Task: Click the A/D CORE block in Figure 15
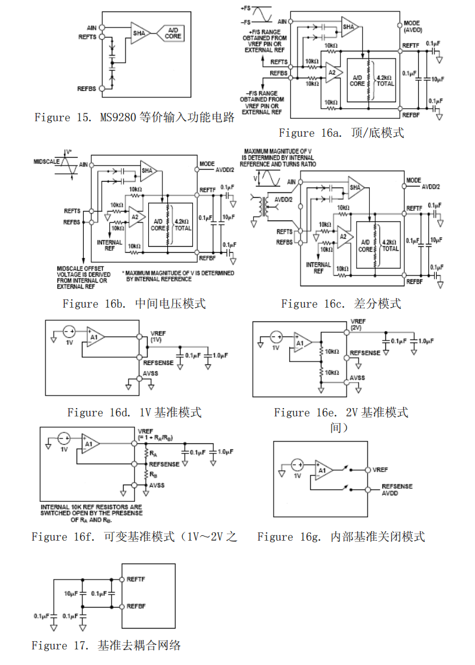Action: (x=173, y=33)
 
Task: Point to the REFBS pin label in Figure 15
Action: (x=87, y=88)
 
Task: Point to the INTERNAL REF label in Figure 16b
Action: (x=109, y=246)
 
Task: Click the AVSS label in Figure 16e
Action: (x=357, y=378)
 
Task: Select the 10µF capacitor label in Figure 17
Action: (x=72, y=594)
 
